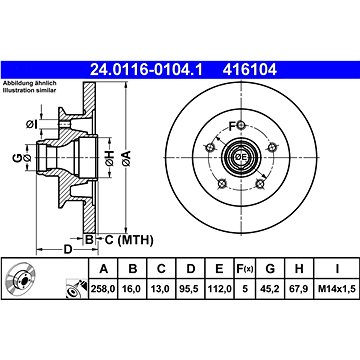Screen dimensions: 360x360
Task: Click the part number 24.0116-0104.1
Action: click(146, 70)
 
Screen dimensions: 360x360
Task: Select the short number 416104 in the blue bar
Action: click(250, 70)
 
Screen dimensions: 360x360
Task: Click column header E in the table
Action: click(219, 268)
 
